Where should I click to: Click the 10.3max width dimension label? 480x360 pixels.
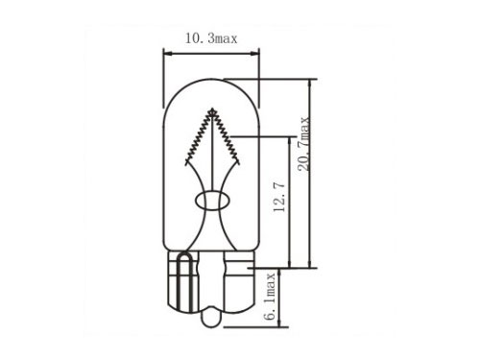[x=211, y=38]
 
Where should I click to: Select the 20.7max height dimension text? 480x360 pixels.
[x=304, y=144]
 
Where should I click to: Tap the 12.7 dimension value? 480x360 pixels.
[x=279, y=198]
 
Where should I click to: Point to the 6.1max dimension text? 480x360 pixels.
[x=270, y=296]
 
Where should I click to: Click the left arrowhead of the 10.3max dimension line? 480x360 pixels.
[x=168, y=54]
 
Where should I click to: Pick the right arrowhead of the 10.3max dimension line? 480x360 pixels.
[x=254, y=54]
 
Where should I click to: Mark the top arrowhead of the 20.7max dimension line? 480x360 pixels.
[x=309, y=84]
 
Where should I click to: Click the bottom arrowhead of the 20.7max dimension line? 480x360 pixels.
[x=309, y=263]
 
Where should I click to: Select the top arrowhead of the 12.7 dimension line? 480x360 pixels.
[x=290, y=141]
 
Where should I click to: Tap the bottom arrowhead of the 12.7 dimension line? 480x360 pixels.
[x=290, y=263]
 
